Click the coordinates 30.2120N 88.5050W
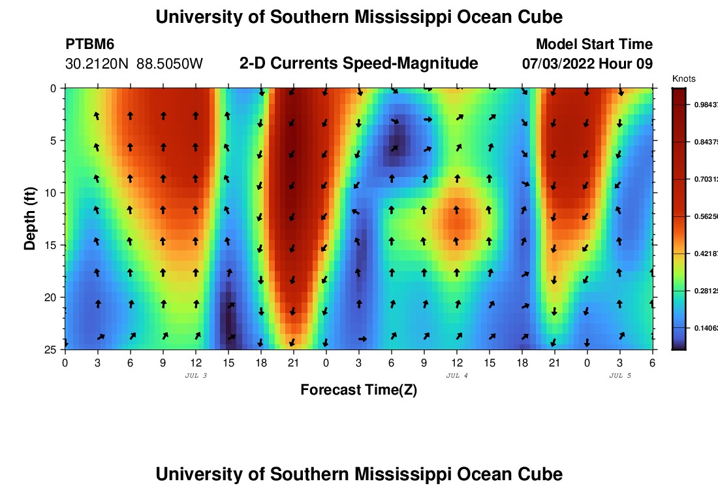coord(134,64)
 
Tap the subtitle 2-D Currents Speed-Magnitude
coord(359,63)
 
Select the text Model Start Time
coord(594,44)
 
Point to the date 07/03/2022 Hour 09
coord(587,64)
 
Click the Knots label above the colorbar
coord(683,79)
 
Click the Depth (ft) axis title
coord(30,218)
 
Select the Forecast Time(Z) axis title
coord(358,390)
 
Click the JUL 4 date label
coord(457,376)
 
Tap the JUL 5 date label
coord(620,376)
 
